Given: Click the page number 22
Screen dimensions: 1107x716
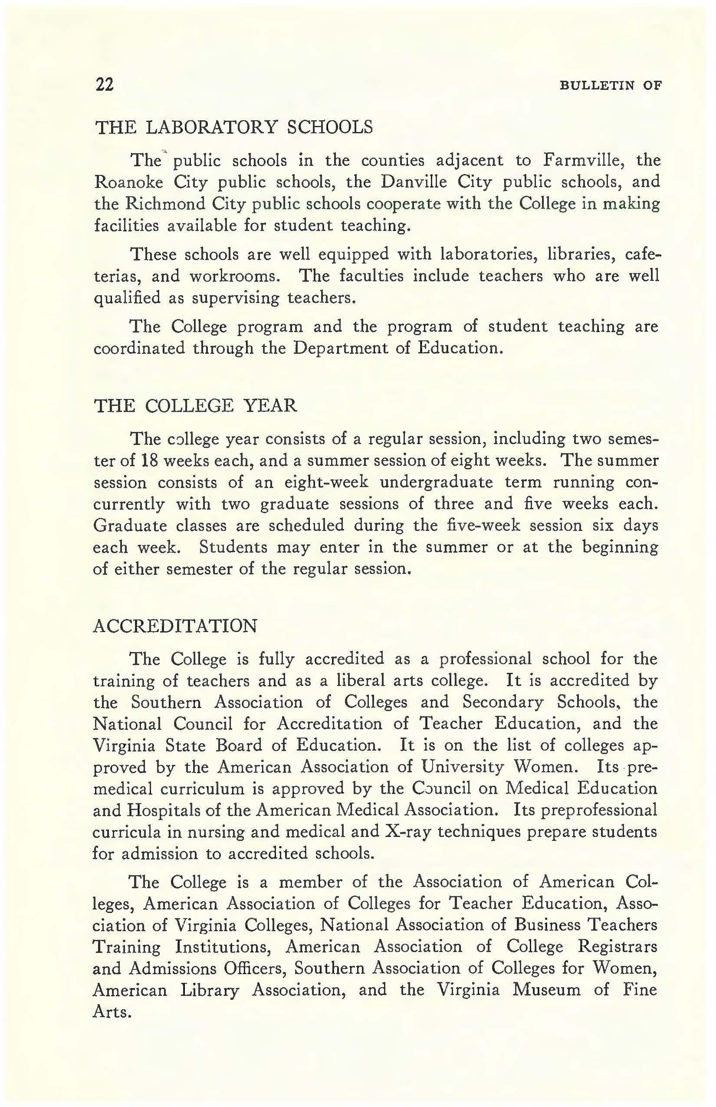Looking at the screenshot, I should (x=105, y=85).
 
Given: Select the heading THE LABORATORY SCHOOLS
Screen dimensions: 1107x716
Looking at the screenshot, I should (x=233, y=127).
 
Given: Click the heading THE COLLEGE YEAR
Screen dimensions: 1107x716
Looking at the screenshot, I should (x=195, y=405).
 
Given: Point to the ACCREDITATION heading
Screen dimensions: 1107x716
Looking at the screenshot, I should (x=175, y=626).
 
